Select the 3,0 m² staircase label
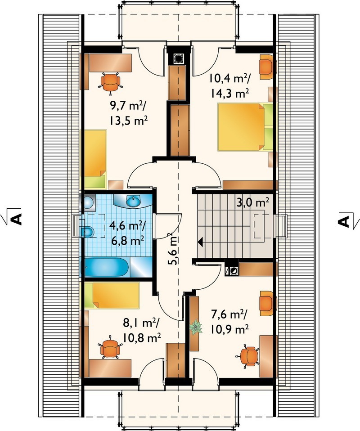pos(252,202)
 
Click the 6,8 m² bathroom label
pos(127,241)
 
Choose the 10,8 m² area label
pos(141,337)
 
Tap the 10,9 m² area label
pos(230,328)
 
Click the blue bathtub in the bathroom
pos(107,267)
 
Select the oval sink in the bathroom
pos(133,201)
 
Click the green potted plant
pos(196,327)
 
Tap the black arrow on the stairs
pos(201,242)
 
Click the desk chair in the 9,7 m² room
pos(110,81)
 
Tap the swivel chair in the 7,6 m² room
pos(248,356)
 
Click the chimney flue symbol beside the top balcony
pos(179,58)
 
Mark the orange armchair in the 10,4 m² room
pos(267,67)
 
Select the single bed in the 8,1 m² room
pos(112,296)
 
